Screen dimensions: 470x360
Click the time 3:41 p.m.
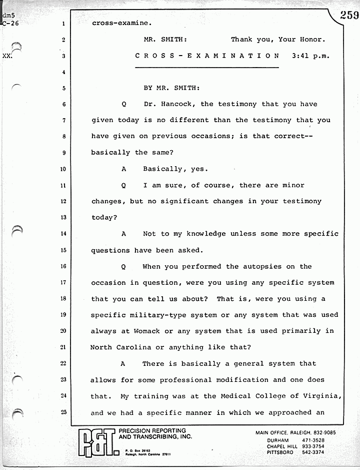[x=311, y=56]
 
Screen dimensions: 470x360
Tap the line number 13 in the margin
[x=63, y=218]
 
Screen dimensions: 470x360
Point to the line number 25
[x=63, y=412]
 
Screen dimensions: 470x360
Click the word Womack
[x=151, y=331]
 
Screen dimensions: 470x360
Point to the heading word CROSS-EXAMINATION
[x=207, y=56]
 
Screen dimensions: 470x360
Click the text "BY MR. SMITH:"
[x=171, y=88]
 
